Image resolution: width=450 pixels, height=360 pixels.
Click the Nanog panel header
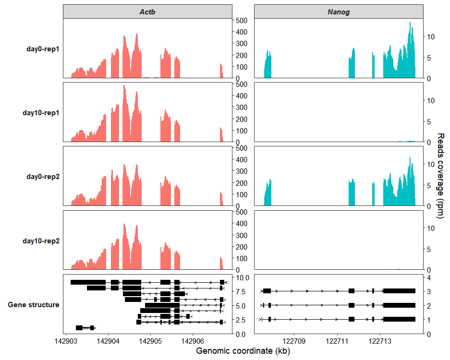(x=338, y=12)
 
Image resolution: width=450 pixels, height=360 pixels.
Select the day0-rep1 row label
(x=43, y=49)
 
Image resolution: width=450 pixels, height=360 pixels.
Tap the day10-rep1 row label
(x=41, y=113)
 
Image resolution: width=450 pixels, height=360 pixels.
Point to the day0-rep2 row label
(x=43, y=177)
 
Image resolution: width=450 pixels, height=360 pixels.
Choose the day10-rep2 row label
(x=41, y=240)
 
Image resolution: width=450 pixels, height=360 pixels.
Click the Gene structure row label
(x=34, y=305)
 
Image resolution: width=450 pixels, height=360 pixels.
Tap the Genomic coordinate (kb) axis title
(x=243, y=351)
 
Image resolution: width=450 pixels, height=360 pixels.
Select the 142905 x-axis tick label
(x=150, y=341)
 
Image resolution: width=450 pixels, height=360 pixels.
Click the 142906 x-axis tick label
(x=193, y=341)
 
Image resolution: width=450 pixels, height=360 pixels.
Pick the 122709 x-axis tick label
(x=294, y=341)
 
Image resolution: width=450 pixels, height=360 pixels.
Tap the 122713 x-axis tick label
(x=380, y=341)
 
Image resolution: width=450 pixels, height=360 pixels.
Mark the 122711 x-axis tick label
(x=337, y=341)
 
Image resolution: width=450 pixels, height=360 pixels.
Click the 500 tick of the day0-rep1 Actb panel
(x=241, y=20)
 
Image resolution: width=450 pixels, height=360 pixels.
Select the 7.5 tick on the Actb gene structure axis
(x=241, y=291)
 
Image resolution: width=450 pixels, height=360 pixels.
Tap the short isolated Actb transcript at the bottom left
(x=85, y=328)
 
